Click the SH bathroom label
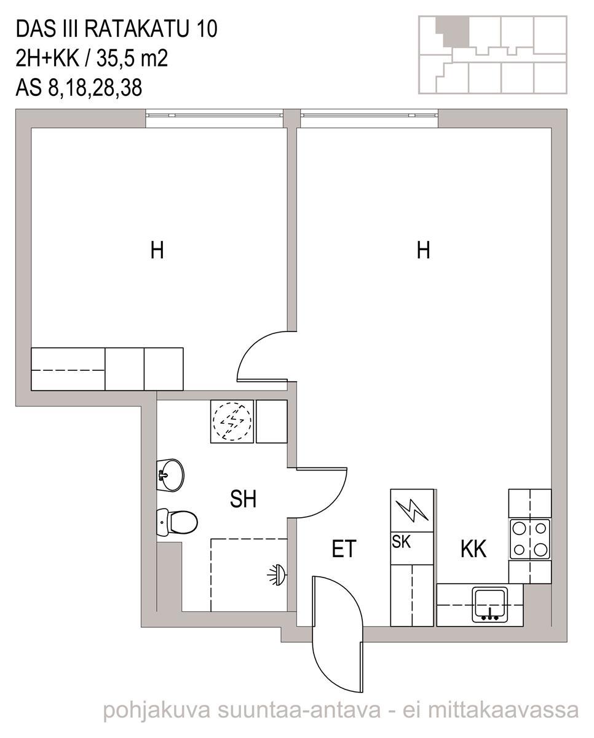click(x=243, y=499)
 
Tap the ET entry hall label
click(x=344, y=549)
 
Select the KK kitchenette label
click(x=473, y=549)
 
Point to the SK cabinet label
click(x=402, y=542)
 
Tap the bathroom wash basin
click(x=170, y=475)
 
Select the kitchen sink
click(x=491, y=605)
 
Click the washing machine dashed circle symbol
click(x=232, y=421)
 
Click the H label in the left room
click(x=157, y=250)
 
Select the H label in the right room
click(x=424, y=250)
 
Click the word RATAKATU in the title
click(x=137, y=29)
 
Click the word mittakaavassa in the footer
click(x=504, y=710)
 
